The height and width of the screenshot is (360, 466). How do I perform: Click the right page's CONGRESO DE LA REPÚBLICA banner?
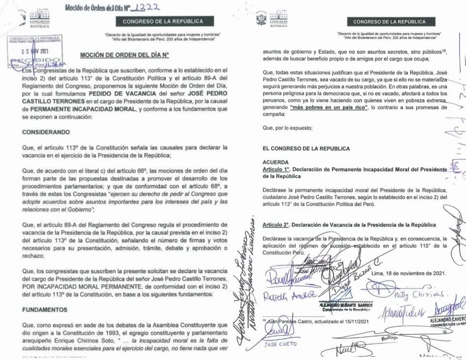click(x=389, y=22)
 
